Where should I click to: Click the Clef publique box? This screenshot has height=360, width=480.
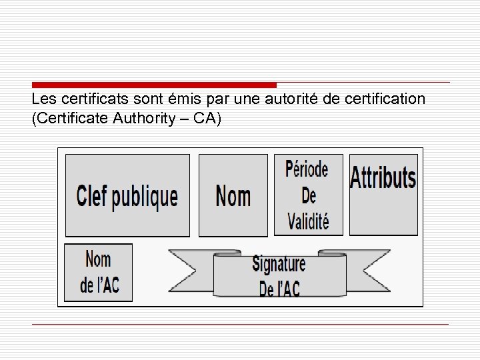[x=127, y=195]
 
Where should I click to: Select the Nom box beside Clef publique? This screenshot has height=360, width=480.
[x=233, y=195]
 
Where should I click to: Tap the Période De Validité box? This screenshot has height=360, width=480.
[x=308, y=195]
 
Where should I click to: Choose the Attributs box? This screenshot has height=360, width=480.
[x=383, y=194]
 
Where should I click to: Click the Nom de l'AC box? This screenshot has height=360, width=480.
[x=99, y=272]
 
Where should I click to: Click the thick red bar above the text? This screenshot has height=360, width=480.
[x=154, y=85]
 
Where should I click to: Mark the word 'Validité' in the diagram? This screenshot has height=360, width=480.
[x=308, y=221]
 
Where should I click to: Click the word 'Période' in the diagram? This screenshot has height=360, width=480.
[x=307, y=170]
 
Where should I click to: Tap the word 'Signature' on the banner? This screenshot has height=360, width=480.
[x=279, y=264]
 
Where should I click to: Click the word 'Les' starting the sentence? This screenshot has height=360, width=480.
[x=44, y=99]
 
